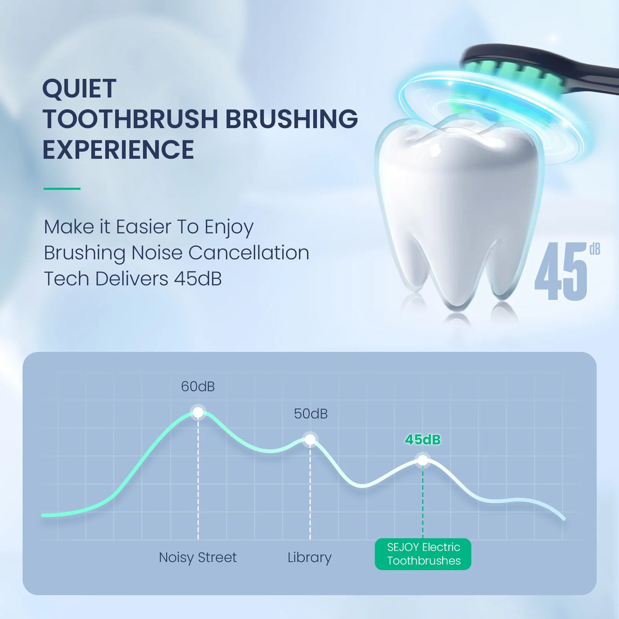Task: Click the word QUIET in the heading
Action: tap(79, 89)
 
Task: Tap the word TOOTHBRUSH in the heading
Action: tap(131, 119)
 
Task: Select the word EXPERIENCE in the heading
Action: tap(118, 150)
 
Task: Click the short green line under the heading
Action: tap(62, 189)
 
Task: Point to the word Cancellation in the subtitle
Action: tap(249, 253)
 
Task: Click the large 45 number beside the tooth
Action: tap(561, 272)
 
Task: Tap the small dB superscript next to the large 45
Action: tap(595, 250)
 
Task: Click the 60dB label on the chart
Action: tap(198, 386)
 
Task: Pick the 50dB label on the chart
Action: tap(311, 414)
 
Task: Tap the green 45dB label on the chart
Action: tap(423, 439)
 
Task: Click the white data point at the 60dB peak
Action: tap(198, 412)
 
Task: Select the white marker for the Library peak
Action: tap(310, 439)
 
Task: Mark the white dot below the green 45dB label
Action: tap(423, 460)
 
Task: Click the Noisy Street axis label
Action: tap(198, 557)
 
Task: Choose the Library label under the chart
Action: tap(309, 557)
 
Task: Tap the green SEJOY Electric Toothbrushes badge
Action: tap(423, 554)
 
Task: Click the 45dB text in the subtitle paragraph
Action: tap(198, 279)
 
